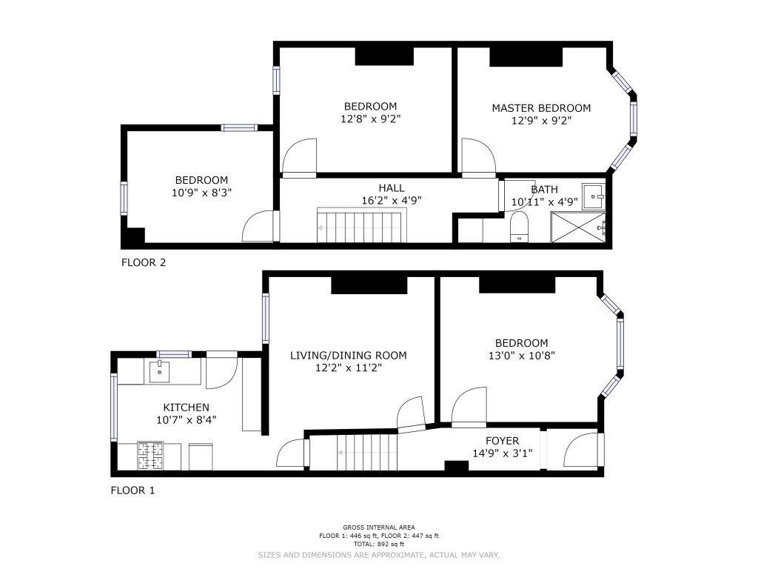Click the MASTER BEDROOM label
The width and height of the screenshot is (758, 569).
pyautogui.click(x=541, y=108)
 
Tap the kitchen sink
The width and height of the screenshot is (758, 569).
pyautogui.click(x=159, y=372)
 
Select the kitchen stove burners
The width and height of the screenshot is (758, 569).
pyautogui.click(x=150, y=456)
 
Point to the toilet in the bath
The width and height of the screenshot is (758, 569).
pyautogui.click(x=520, y=227)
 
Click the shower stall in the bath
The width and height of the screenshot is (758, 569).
pyautogui.click(x=578, y=227)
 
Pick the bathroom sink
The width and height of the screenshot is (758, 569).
pyautogui.click(x=593, y=196)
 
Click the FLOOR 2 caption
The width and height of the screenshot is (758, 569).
pyautogui.click(x=144, y=263)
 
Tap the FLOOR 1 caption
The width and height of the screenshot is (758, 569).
pyautogui.click(x=133, y=490)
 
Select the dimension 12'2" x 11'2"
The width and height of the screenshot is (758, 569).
pyautogui.click(x=349, y=367)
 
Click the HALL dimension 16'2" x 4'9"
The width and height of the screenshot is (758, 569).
pyautogui.click(x=392, y=200)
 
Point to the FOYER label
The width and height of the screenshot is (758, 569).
pyautogui.click(x=503, y=441)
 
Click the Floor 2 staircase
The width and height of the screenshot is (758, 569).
pyautogui.click(x=361, y=225)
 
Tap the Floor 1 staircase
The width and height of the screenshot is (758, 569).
pyautogui.click(x=353, y=453)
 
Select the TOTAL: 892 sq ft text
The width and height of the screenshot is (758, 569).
pyautogui.click(x=378, y=545)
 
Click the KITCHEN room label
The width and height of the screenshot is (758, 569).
pyautogui.click(x=186, y=407)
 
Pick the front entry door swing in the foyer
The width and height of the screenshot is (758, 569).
pyautogui.click(x=582, y=450)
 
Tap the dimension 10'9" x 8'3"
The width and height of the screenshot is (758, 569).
pyautogui.click(x=201, y=193)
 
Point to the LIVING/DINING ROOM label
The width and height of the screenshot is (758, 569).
pyautogui.click(x=348, y=355)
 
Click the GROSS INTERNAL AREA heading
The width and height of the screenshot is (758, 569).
pyautogui.click(x=378, y=528)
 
